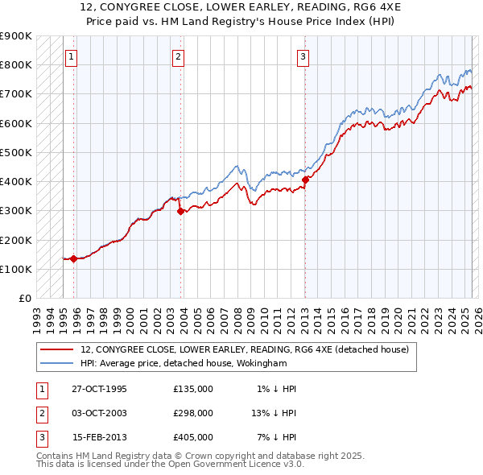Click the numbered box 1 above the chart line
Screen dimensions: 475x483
coord(72,56)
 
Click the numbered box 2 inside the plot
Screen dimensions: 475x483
coord(178,56)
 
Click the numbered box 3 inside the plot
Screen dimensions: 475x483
coord(303,56)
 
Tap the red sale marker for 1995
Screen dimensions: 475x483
coord(73,258)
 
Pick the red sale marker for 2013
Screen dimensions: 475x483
coord(306,180)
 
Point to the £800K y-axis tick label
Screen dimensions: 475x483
coord(16,64)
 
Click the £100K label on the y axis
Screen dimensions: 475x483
coord(16,269)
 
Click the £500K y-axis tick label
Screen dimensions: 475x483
coord(16,152)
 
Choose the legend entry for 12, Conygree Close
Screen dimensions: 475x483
coord(245,349)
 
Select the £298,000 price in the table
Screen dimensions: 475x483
coord(193,413)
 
